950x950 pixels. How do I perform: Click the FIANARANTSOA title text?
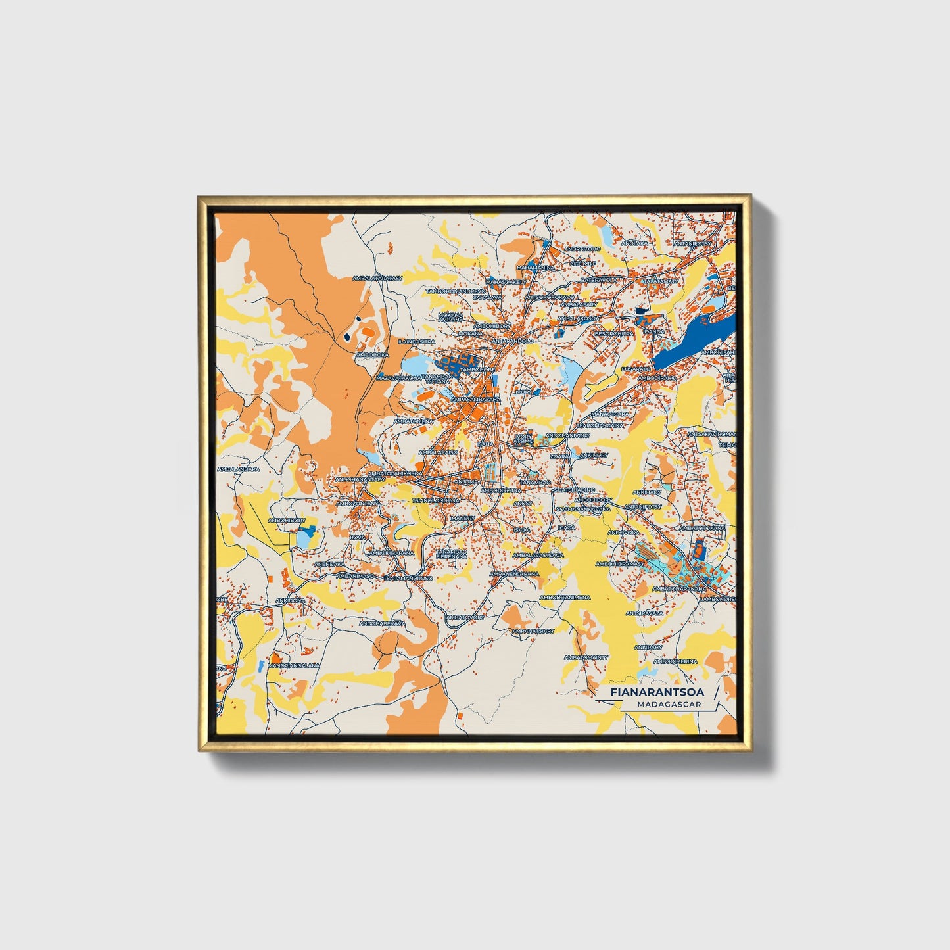pyautogui.click(x=656, y=692)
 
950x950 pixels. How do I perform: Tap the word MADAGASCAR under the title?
pyautogui.click(x=669, y=705)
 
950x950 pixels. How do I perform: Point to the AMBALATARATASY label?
pyautogui.click(x=377, y=279)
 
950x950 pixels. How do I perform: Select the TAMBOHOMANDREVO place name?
pyautogui.click(x=455, y=291)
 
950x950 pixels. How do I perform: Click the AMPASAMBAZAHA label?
pyautogui.click(x=476, y=399)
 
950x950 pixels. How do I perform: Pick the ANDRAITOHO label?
pyautogui.click(x=582, y=249)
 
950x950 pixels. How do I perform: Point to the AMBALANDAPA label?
pyautogui.click(x=239, y=469)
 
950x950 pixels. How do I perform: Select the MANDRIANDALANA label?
pyautogui.click(x=293, y=665)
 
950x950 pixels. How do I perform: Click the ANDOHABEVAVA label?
pyautogui.click(x=382, y=623)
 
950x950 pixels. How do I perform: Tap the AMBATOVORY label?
pyautogui.click(x=465, y=617)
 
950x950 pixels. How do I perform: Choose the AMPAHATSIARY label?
pyautogui.click(x=533, y=631)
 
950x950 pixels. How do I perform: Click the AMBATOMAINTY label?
pyautogui.click(x=586, y=657)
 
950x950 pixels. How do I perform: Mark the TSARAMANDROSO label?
pyautogui.click(x=408, y=579)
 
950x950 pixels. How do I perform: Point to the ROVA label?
pyautogui.click(x=357, y=538)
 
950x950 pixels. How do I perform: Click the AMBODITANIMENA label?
pyautogui.click(x=565, y=598)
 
